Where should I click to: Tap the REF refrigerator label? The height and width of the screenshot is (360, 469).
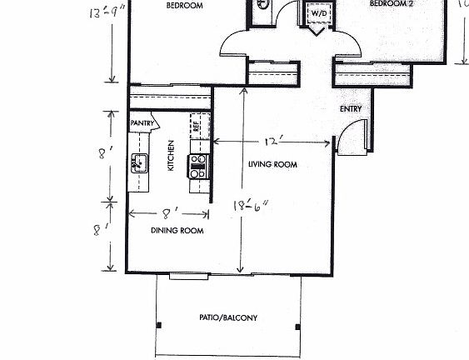(x=197, y=127)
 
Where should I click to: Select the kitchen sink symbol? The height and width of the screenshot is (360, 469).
(x=138, y=162)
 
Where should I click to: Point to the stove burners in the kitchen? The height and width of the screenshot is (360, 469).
(x=198, y=167)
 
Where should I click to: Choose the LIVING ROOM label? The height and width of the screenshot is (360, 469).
(x=272, y=165)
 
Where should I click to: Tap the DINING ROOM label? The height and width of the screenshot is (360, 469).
(x=177, y=230)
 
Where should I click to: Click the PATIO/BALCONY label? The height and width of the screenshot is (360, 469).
(x=227, y=317)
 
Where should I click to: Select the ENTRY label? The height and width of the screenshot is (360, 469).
(x=350, y=109)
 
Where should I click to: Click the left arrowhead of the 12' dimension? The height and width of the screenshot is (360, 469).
(x=217, y=142)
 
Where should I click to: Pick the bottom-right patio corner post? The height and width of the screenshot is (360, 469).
(x=297, y=326)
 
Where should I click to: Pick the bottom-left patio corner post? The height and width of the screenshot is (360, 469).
(x=157, y=326)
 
